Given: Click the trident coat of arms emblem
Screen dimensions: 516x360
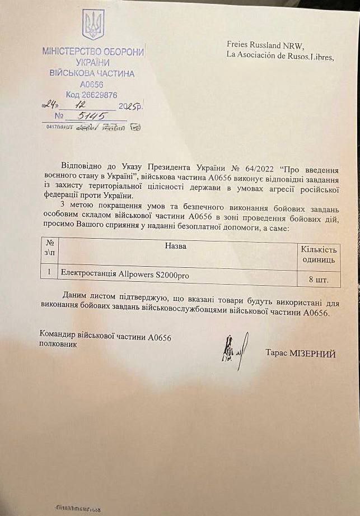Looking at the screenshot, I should click(x=93, y=25).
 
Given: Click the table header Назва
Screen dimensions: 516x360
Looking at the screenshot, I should click(x=176, y=246).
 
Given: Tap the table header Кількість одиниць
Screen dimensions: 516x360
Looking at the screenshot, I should click(x=319, y=254).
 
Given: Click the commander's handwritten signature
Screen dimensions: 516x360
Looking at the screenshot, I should click(x=234, y=350).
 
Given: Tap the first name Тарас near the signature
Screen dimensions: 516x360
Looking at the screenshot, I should click(x=277, y=354).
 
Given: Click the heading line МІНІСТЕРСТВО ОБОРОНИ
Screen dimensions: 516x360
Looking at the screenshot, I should click(x=93, y=52).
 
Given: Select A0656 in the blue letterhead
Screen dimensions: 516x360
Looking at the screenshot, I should click(x=91, y=84).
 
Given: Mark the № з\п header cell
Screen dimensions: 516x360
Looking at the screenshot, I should click(x=49, y=248).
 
